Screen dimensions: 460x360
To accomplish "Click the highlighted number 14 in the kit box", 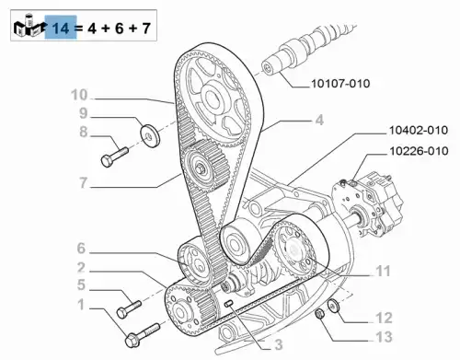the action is (61, 29).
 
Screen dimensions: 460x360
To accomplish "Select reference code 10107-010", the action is (340, 84).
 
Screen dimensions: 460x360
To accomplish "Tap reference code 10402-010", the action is (419, 130).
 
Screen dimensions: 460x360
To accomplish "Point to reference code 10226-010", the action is (419, 151).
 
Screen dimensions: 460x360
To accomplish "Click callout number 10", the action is (79, 95).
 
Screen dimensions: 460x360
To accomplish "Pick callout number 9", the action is (84, 113).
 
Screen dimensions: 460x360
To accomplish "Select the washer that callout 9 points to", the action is (150, 135).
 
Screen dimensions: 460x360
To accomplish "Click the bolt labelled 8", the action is (114, 157).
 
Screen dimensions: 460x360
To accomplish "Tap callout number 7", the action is (84, 183).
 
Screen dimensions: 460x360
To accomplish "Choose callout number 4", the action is (319, 120).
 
